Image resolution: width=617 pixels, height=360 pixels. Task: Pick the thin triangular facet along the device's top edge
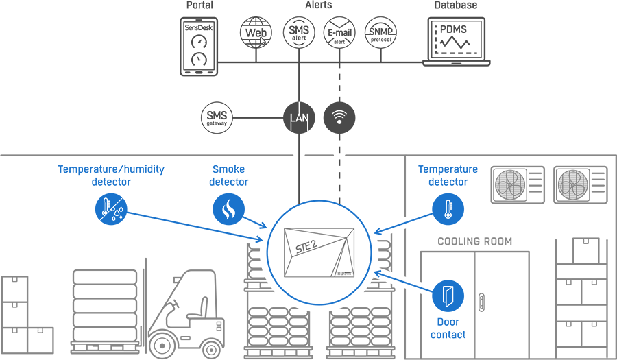(x=322, y=230)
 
